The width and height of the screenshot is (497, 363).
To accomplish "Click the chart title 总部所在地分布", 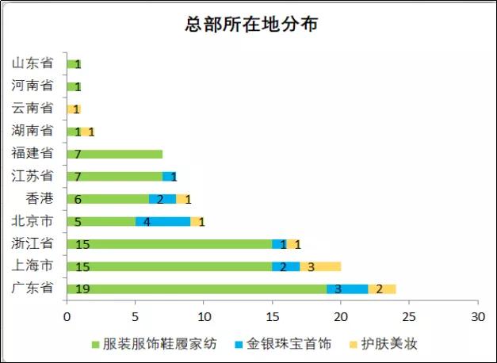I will (252, 25).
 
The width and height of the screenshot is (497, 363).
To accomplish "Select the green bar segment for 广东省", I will (198, 289).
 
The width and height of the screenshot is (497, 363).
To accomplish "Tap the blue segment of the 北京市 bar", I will (162, 222).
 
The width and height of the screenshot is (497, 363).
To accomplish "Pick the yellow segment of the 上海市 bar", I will (320, 267).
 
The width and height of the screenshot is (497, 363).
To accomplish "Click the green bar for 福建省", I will (115, 154).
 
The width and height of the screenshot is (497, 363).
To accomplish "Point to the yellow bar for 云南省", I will (74, 109).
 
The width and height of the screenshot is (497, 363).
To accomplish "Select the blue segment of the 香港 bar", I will (162, 199).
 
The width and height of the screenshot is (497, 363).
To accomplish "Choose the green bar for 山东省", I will (74, 64).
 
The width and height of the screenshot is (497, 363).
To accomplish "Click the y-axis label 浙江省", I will (32, 243).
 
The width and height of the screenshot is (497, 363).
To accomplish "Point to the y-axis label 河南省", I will (32, 86).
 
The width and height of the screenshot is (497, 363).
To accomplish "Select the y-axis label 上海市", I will (32, 266).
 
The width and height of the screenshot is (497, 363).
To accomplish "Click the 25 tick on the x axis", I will (409, 316).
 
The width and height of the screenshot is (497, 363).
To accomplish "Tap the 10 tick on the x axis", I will (204, 316).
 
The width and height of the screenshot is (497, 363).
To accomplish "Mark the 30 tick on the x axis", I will (477, 316).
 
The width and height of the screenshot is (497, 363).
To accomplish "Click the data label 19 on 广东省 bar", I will (82, 289).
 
